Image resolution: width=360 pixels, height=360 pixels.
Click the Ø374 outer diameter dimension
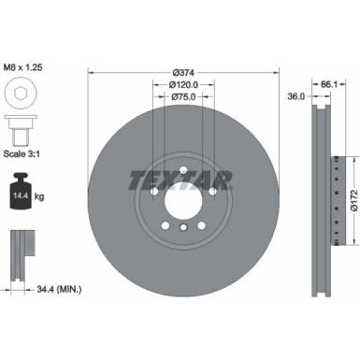pos(182,71)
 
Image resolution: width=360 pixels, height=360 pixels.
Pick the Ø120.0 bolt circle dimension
pos(182,84)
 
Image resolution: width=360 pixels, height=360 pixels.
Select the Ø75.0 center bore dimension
pos(182,96)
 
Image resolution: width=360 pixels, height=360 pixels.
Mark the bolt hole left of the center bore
pos(153,194)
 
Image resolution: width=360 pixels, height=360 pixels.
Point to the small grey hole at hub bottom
pos(183,229)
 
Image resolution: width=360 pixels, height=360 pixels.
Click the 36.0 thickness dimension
pos(295,94)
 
